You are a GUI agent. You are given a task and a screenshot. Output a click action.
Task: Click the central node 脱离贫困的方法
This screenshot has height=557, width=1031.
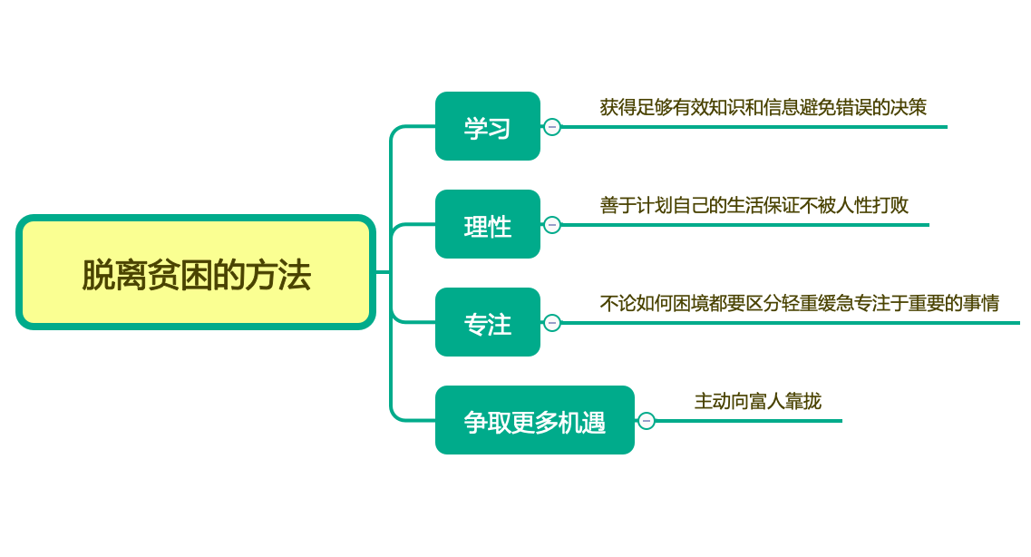(196, 272)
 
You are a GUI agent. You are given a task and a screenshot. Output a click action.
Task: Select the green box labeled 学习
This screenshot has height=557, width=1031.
(488, 127)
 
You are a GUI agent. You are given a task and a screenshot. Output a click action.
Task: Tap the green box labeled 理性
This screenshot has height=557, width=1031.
(488, 225)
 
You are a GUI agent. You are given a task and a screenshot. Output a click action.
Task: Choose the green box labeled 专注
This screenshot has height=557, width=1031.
(488, 323)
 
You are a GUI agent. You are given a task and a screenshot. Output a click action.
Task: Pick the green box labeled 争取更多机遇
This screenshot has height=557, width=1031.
(535, 421)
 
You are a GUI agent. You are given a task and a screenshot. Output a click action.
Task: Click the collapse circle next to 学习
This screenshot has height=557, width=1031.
(552, 127)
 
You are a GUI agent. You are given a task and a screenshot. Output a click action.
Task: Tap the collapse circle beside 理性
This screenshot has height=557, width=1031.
(552, 225)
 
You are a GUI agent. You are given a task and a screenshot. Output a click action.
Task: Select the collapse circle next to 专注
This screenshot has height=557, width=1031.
(552, 323)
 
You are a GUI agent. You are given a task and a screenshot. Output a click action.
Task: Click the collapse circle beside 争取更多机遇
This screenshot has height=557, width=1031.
(647, 421)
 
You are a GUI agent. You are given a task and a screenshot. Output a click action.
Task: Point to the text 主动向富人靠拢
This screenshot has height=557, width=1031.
(758, 401)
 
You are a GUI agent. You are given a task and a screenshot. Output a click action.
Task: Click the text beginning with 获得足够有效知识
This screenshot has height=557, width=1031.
(763, 107)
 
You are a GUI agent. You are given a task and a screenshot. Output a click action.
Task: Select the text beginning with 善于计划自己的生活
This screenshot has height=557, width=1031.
(754, 205)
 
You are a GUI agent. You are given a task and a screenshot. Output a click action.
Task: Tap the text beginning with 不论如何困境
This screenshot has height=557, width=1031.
(799, 303)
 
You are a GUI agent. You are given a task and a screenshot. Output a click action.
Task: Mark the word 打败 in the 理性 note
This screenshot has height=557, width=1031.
(890, 205)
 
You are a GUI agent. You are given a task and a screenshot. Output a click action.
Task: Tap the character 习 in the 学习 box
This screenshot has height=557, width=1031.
(500, 128)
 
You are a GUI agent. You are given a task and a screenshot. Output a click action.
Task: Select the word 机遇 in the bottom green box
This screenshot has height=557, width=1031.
(582, 422)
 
